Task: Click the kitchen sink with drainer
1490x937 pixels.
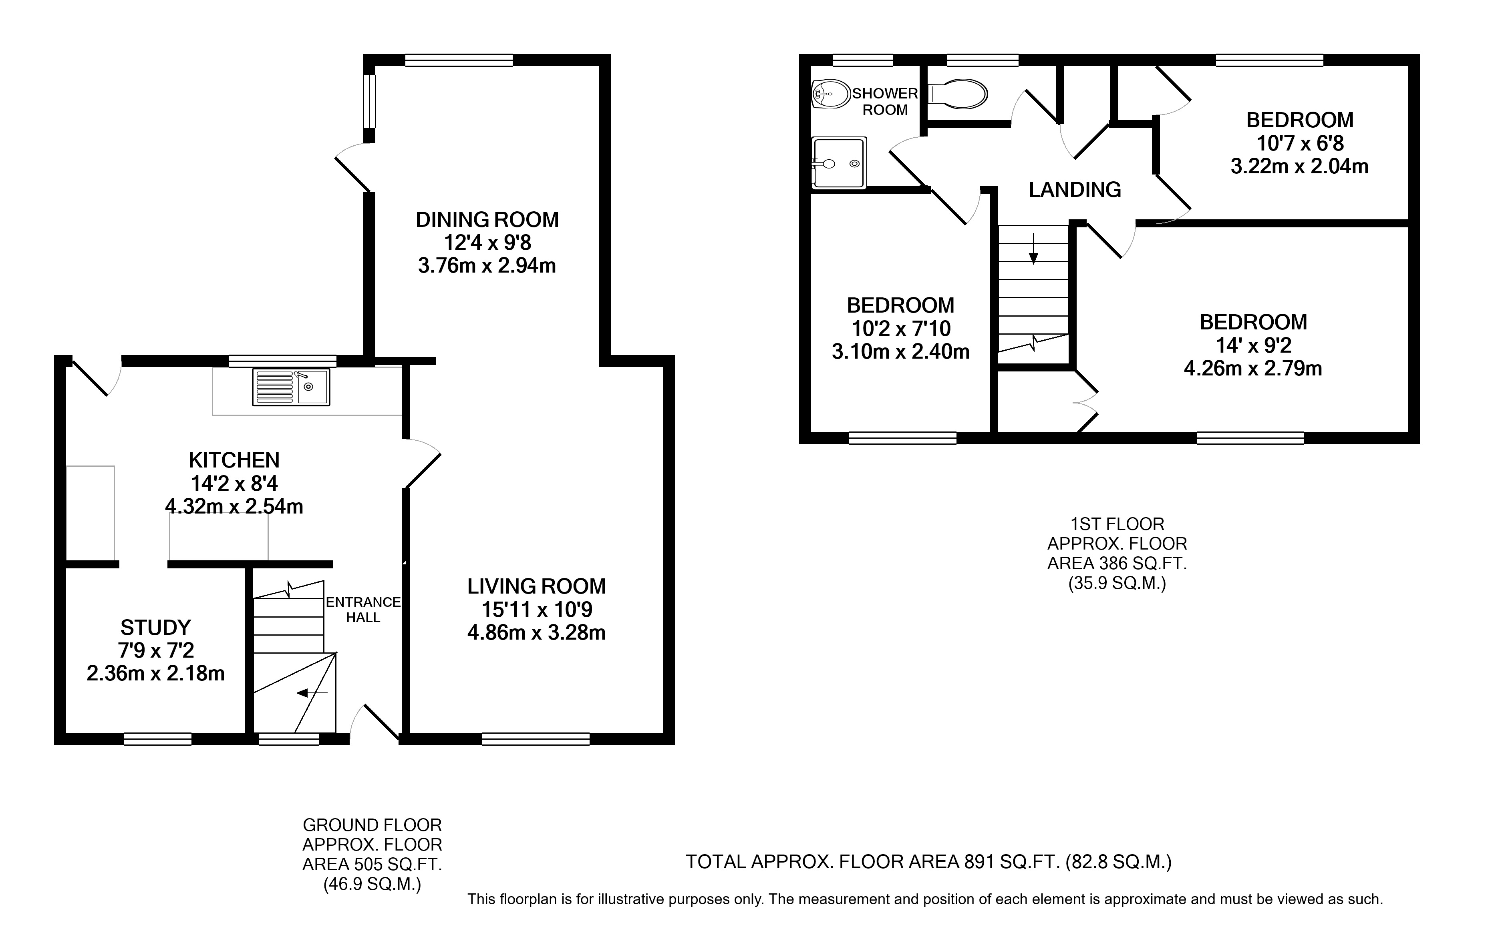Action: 291,387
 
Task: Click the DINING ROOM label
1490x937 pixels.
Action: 487,220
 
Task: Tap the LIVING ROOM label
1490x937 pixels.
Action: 536,586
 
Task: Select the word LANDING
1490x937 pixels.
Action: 1075,190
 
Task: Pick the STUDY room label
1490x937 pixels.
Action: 155,628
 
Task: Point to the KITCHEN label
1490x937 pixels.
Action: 234,460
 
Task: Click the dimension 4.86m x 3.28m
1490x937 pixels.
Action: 536,633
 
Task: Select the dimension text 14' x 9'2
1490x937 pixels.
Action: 1254,345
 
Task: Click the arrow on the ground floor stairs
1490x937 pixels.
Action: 312,693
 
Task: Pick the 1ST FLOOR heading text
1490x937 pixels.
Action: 1117,524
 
